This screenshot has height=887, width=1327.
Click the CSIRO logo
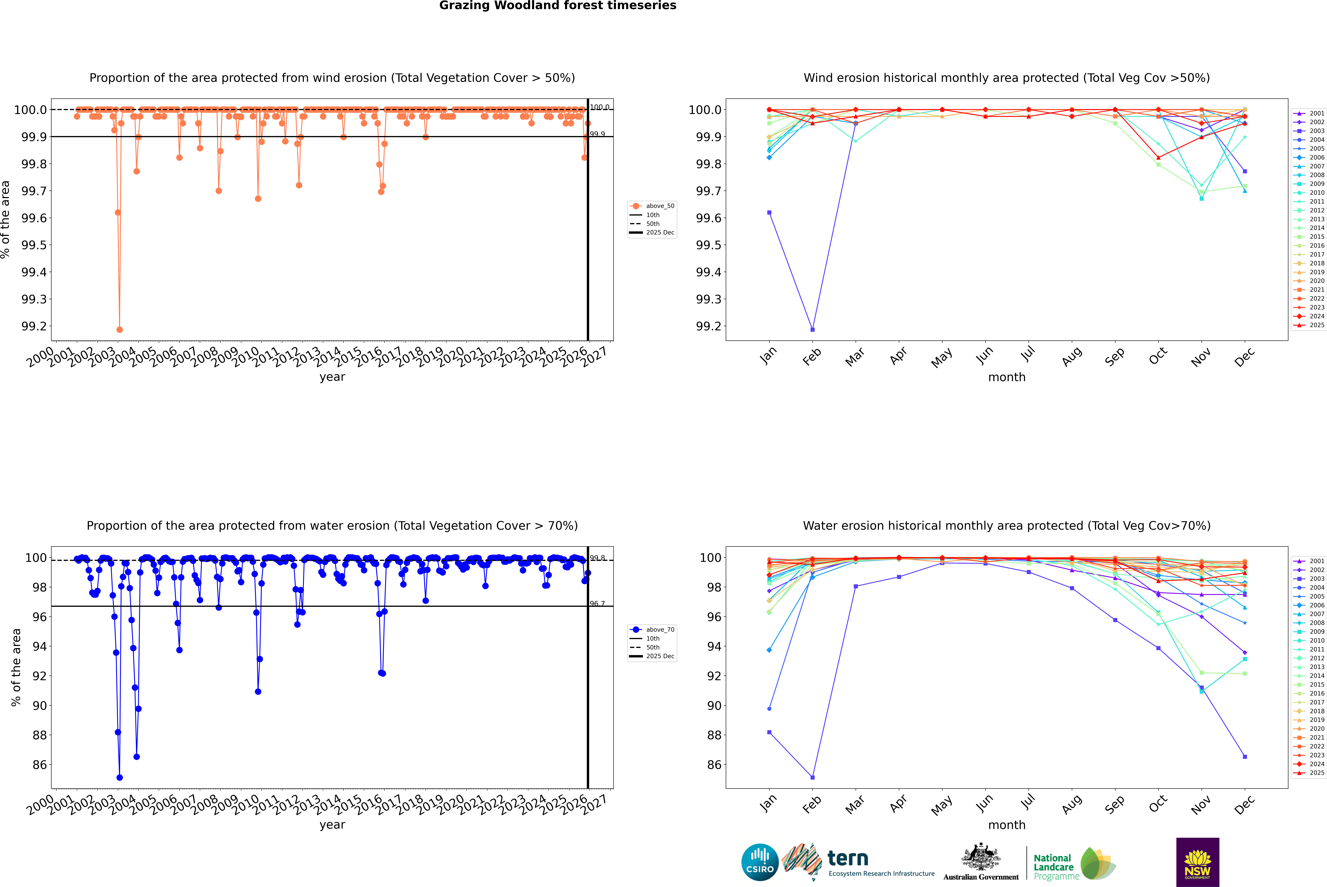760,862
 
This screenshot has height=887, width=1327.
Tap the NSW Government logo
1197,862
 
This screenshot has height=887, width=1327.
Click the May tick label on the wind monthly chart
942,358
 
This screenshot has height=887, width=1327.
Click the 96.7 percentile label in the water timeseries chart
597,604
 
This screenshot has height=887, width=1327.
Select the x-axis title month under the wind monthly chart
1006,377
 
